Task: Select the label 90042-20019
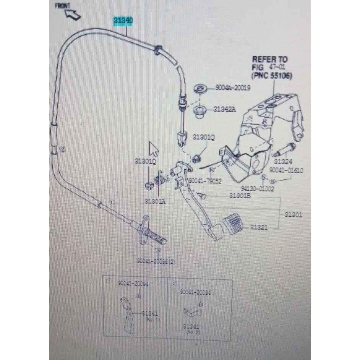tap(232, 88)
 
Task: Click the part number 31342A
tap(224, 109)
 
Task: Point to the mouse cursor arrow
tap(154, 148)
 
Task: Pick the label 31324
tap(283, 162)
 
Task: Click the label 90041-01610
tap(286, 170)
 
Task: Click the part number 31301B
tap(240, 196)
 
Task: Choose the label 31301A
tap(155, 201)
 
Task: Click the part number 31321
tap(259, 227)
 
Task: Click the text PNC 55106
tap(272, 76)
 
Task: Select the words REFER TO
tap(270, 60)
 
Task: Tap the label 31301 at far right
tap(293, 215)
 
